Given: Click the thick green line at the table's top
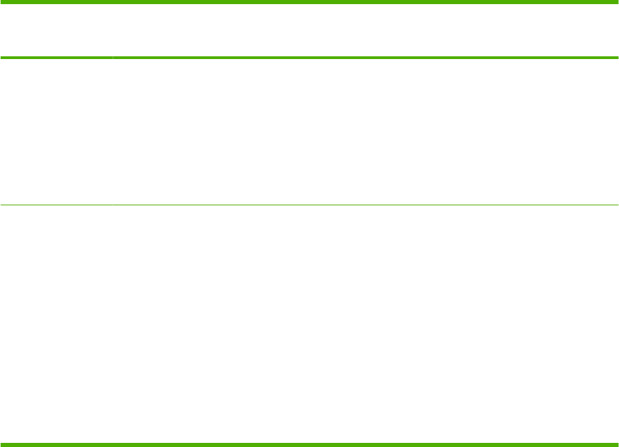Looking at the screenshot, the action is pos(309,2).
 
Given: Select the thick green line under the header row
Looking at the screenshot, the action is pos(309,58).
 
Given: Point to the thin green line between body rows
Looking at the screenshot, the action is pos(309,204).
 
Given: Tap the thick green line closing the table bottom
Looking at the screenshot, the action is pos(309,444).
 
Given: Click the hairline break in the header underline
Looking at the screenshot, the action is pos(113,58).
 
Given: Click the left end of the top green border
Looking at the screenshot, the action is pos(1,2).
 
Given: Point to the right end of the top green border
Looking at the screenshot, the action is pos(617,2).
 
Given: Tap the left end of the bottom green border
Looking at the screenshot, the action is pos(1,444).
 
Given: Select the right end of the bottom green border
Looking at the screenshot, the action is pos(617,444).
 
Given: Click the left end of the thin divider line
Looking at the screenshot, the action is pos(1,204).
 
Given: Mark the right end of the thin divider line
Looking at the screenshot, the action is pos(617,204).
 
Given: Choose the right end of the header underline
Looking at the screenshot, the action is pos(617,58).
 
